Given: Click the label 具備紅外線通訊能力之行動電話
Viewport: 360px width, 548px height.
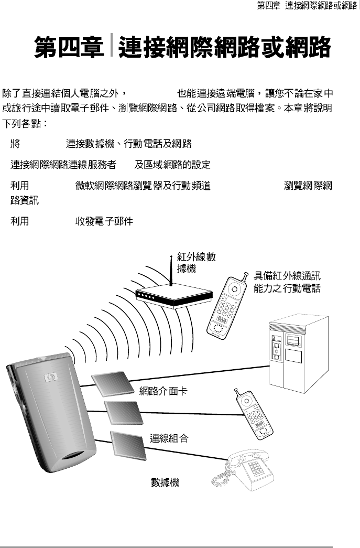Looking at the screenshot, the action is pos(287,282).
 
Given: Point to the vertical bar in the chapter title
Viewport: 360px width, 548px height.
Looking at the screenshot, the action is pos(112,47).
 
